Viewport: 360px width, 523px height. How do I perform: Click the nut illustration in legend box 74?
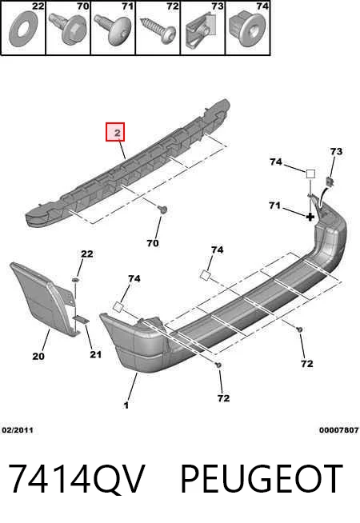coord(247,30)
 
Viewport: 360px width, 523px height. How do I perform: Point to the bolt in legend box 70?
coord(66,29)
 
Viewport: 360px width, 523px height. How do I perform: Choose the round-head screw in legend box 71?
coord(113,30)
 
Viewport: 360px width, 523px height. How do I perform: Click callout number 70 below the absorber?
coord(153,243)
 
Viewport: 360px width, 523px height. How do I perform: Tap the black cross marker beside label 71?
coord(310,218)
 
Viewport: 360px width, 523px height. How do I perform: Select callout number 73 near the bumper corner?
coord(336,151)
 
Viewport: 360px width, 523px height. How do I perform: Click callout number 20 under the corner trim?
coord(38,356)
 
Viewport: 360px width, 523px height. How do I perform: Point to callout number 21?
coord(95,354)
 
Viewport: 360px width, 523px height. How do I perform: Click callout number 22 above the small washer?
coord(87,254)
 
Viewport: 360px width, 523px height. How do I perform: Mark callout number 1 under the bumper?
coord(126,405)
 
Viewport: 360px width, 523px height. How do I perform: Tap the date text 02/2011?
coord(18,430)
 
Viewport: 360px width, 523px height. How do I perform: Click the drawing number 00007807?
coord(339,430)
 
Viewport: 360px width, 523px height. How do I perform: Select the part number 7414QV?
coord(77,479)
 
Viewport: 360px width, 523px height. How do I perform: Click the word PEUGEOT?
coord(262,479)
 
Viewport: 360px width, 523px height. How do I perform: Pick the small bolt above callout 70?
coord(163,210)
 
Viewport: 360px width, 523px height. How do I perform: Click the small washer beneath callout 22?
coord(76,280)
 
